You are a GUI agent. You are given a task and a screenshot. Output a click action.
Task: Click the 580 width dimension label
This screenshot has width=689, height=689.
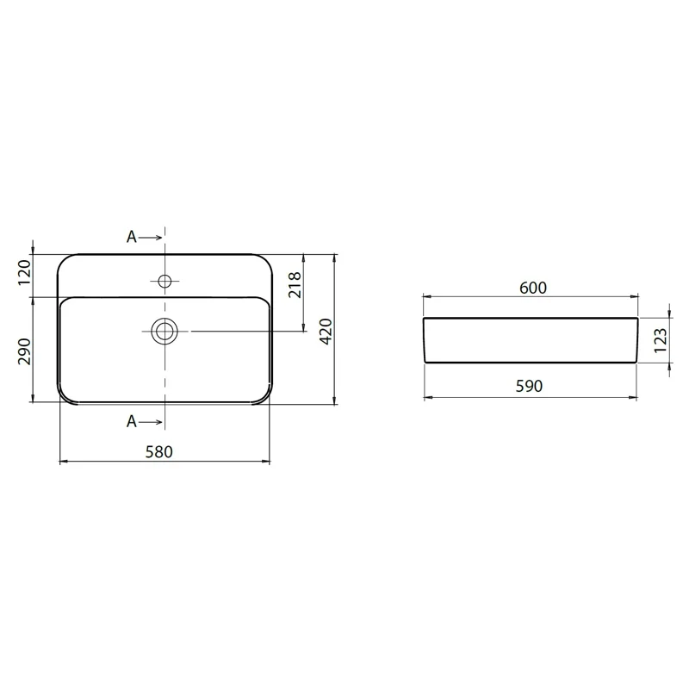tap(159, 451)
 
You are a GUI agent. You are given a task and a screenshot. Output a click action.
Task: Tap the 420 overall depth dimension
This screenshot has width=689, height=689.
tap(326, 332)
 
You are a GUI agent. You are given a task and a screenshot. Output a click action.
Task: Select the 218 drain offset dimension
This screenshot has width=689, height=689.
tap(295, 285)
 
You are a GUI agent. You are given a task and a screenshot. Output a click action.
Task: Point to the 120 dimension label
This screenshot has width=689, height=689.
tap(25, 272)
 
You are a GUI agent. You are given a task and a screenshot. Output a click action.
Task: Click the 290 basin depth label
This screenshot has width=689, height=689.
tap(25, 351)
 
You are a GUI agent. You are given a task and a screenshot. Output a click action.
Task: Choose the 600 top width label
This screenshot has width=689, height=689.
tap(533, 288)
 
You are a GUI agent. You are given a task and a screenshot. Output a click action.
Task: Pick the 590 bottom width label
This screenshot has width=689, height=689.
tap(529, 386)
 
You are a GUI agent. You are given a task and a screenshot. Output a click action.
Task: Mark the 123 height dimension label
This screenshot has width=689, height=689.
tap(661, 340)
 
